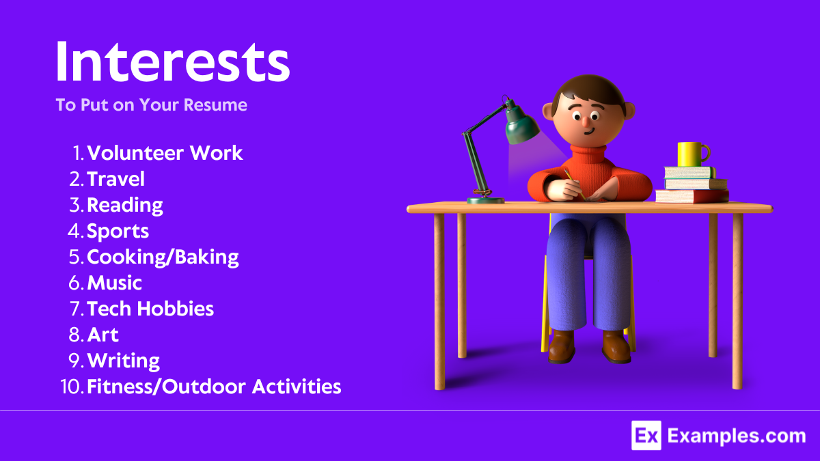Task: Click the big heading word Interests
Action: click(172, 61)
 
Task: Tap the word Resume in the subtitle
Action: click(215, 105)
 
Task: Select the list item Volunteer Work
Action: click(165, 153)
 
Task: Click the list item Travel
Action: click(115, 179)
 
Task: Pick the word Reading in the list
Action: click(125, 206)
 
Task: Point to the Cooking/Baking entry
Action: click(163, 257)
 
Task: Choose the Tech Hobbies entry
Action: click(150, 309)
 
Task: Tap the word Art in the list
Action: click(103, 335)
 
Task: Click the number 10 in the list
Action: click(71, 387)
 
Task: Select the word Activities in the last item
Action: click(297, 387)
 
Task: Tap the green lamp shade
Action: click(521, 124)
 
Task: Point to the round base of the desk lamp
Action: click(485, 199)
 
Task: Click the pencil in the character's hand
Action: click(575, 184)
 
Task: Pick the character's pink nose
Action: click(586, 122)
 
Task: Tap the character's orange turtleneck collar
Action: click(588, 154)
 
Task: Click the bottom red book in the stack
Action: click(692, 196)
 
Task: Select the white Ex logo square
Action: click(646, 436)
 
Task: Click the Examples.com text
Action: click(736, 436)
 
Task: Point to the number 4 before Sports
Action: click(74, 232)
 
